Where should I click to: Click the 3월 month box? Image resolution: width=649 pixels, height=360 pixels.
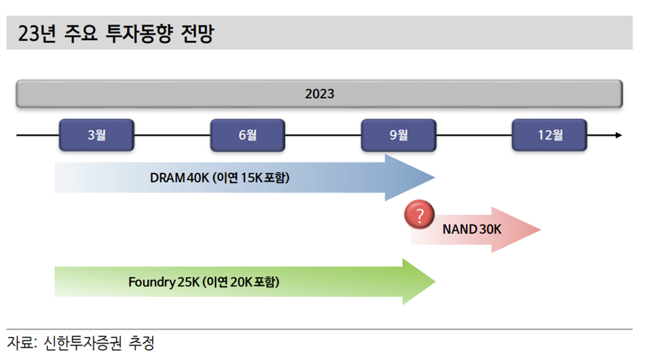96,135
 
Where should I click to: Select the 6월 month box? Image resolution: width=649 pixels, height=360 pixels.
248,135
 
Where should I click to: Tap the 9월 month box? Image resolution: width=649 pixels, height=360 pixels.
398,135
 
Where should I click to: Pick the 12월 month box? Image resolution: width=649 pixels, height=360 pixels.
550,135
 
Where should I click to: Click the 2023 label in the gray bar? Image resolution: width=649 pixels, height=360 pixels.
319,94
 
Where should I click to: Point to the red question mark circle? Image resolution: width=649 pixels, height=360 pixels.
419,215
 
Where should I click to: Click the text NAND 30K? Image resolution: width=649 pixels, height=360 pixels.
472,229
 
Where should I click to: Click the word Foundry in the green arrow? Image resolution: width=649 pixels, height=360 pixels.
151,282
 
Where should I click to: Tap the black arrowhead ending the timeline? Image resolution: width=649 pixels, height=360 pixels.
618,135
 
